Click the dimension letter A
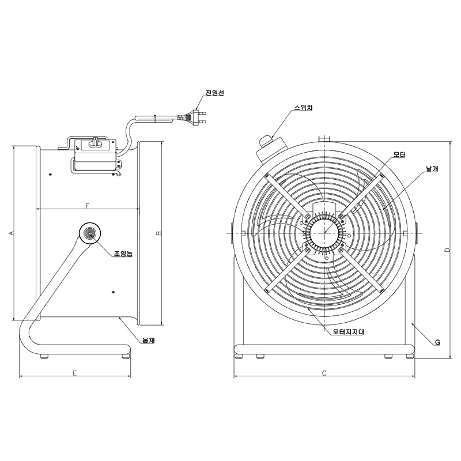click(12, 233)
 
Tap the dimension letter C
click(324, 373)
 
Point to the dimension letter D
click(447, 250)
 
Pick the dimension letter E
click(75, 373)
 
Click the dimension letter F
click(87, 206)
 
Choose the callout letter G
click(437, 342)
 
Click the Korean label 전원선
click(214, 93)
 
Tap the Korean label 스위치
click(304, 108)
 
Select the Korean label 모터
click(399, 154)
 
